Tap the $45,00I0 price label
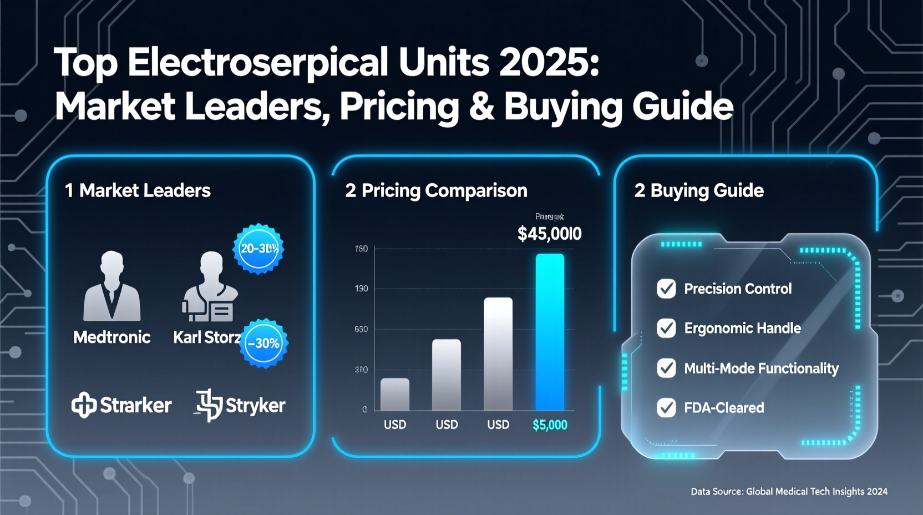pos(549,234)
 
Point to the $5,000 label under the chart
pos(550,425)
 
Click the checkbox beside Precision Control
pos(666,289)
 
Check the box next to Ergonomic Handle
pos(666,328)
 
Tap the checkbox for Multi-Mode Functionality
pos(666,368)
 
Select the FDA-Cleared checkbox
pos(666,407)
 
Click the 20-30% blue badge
pos(258,249)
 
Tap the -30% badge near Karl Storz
pos(264,343)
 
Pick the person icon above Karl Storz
pos(210,287)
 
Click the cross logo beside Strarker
pos(84,405)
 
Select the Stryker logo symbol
pos(209,405)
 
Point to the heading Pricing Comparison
pos(444,191)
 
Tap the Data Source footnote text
pos(789,492)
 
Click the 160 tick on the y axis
pos(361,249)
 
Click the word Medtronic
pos(112,337)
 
